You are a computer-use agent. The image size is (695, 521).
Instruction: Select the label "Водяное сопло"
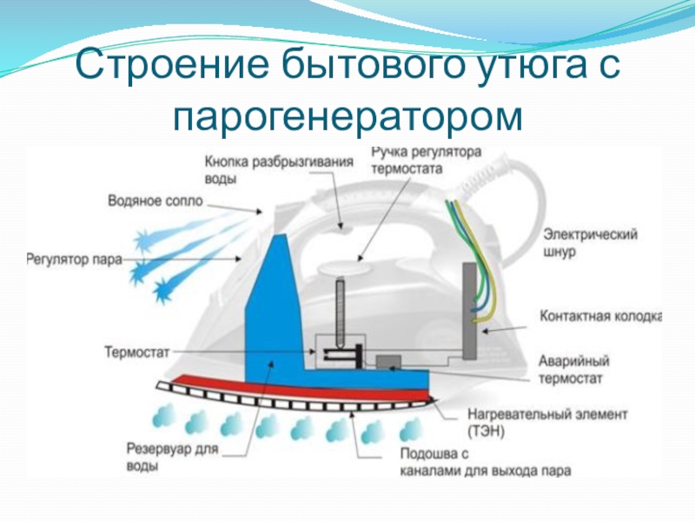coord(155,201)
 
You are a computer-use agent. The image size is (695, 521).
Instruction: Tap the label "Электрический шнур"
coord(591,242)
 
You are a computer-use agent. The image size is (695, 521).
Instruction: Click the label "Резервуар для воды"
coord(169,458)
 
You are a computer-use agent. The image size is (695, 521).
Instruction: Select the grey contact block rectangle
coord(473,308)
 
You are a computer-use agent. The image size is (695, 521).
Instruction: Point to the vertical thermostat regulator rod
coord(341,308)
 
